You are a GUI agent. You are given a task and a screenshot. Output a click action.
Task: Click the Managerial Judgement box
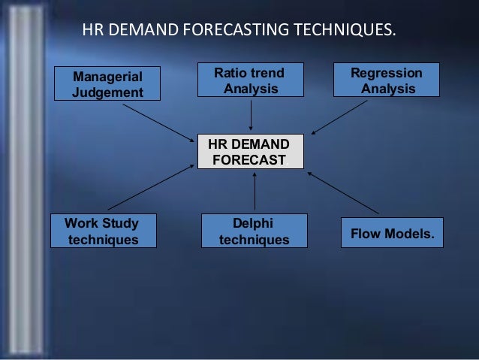point(106,83)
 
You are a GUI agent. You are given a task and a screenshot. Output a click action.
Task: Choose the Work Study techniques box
point(103,231)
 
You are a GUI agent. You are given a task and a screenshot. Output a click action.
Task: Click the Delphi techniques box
point(254,231)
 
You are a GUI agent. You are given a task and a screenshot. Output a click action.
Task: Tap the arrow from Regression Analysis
point(339,117)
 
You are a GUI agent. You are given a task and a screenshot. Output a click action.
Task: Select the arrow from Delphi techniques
point(255,191)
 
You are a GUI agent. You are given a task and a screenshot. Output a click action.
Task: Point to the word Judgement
point(107,92)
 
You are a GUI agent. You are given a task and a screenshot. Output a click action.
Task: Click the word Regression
point(387,74)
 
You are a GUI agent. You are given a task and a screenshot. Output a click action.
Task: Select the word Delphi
point(254,223)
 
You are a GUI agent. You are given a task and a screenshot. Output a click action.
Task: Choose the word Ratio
point(231,74)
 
